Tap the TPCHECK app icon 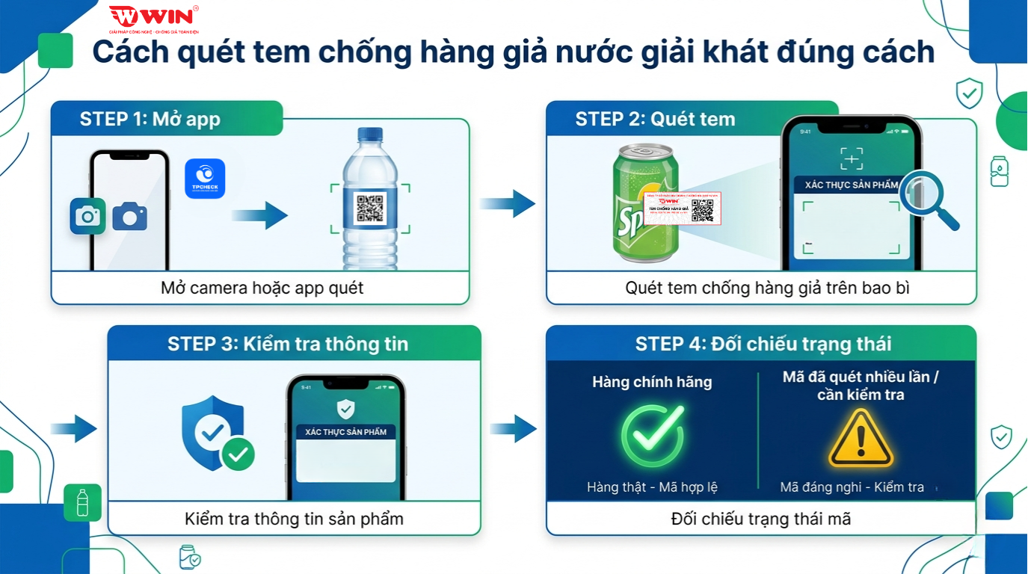[205, 179]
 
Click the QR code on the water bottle [370, 209]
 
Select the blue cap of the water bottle [370, 135]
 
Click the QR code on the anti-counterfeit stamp [702, 210]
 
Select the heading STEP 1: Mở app [150, 120]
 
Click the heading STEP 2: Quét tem [655, 119]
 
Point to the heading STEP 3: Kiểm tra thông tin [288, 344]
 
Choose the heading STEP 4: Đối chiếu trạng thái [763, 344]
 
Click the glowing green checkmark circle [652, 436]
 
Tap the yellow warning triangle [861, 439]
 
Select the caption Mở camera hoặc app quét [262, 288]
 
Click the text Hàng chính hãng [652, 382]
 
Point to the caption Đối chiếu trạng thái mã [761, 519]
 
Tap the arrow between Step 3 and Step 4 [514, 429]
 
